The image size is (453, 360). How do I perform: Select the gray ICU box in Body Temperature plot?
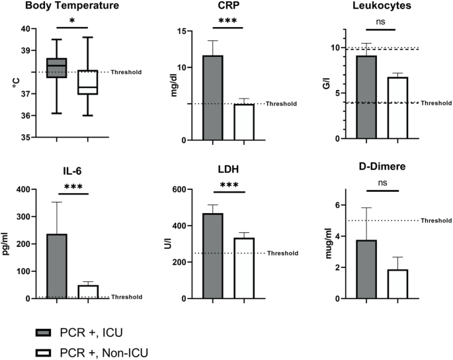[56, 67]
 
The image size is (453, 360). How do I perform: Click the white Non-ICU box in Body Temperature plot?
[87, 82]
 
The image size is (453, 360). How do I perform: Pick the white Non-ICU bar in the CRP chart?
[244, 122]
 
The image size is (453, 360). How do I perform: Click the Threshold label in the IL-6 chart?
[126, 296]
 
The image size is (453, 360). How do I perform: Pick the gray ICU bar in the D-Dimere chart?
[366, 269]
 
